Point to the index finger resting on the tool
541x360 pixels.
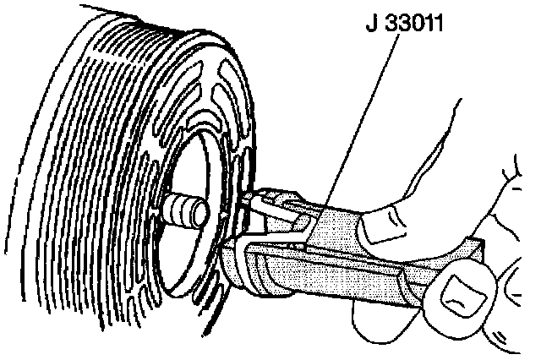point(423,203)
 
